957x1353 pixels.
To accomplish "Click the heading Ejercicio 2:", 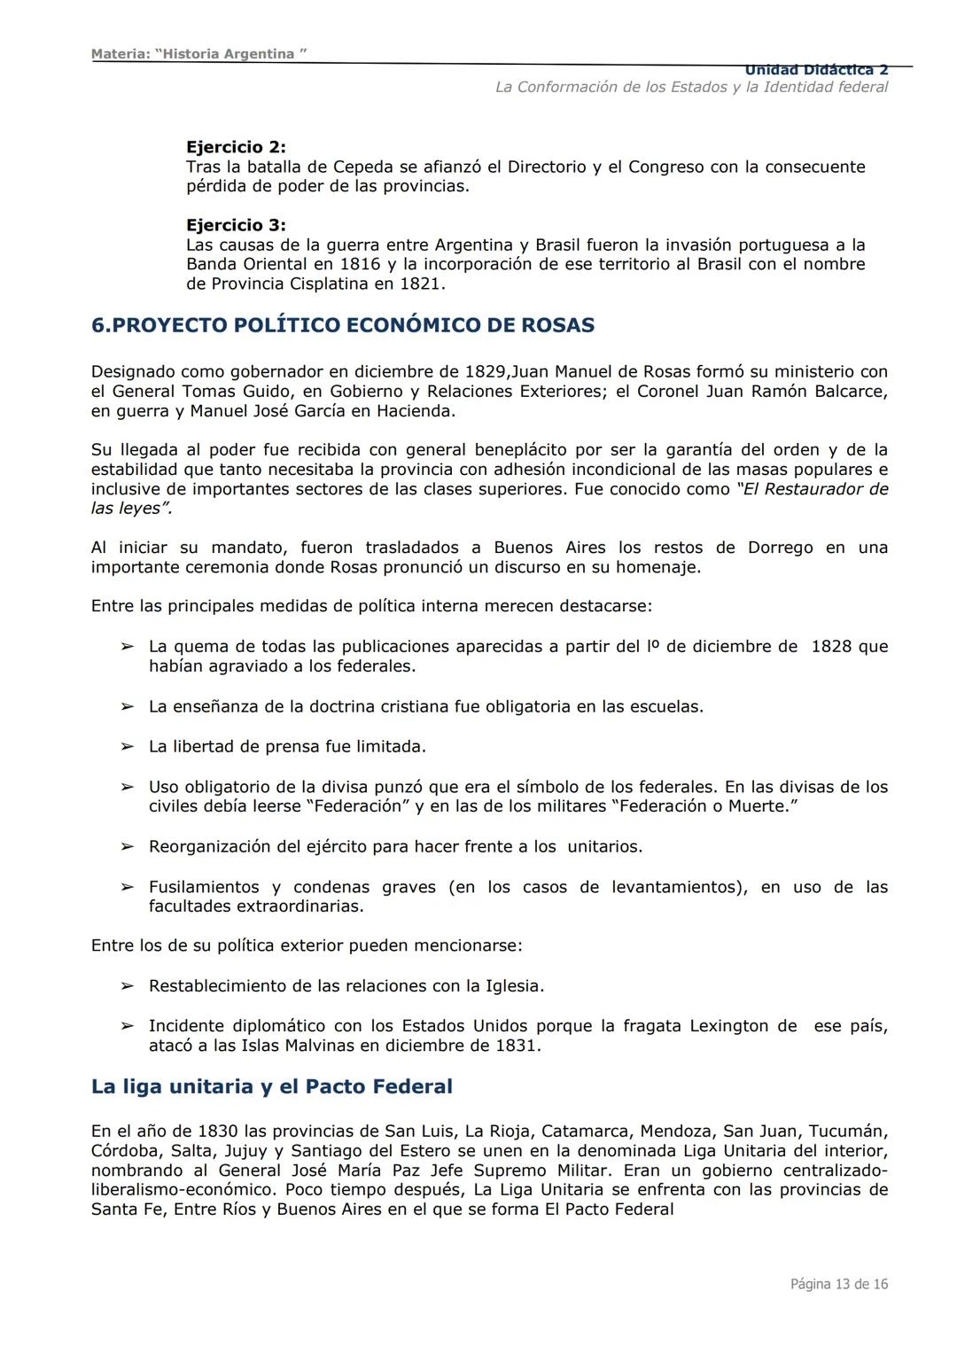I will pos(236,147).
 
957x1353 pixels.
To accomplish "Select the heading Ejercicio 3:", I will pos(236,225).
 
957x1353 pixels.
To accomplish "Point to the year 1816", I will pos(360,264).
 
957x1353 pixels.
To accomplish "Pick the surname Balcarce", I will pos(845,391).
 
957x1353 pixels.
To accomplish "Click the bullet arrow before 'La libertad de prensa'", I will pos(128,747).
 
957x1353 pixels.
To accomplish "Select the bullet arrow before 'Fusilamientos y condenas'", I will pos(128,887).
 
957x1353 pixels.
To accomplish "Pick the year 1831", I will pos(516,1046).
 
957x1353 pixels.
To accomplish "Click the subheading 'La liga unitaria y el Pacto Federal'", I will pos(271,1086).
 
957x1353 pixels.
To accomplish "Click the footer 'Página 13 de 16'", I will pos(838,1284).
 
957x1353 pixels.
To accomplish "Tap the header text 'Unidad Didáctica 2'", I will pos(815,70).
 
